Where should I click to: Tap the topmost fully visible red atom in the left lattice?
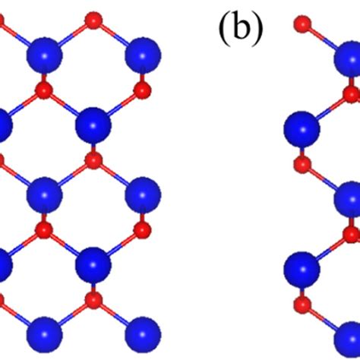pos(93,20)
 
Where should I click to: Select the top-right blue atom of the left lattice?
pos(143,55)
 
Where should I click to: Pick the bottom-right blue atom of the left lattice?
pos(143,334)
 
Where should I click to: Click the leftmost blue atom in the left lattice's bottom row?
pos(45,334)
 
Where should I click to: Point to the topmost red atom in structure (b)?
pos(302,24)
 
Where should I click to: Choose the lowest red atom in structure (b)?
pos(302,305)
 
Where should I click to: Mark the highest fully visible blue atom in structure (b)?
pos(303,129)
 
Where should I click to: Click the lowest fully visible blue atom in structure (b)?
pos(303,270)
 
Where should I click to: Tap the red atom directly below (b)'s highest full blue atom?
pos(302,165)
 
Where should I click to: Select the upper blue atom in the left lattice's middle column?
pos(93,125)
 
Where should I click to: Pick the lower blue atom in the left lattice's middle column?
pos(93,265)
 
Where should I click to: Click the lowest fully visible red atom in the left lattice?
pos(93,300)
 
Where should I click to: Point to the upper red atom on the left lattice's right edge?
pos(142,90)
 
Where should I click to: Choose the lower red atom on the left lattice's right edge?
pos(142,230)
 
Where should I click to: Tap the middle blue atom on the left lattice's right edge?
pos(143,195)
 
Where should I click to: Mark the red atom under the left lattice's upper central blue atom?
pos(93,160)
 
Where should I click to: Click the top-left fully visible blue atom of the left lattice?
pos(45,55)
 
